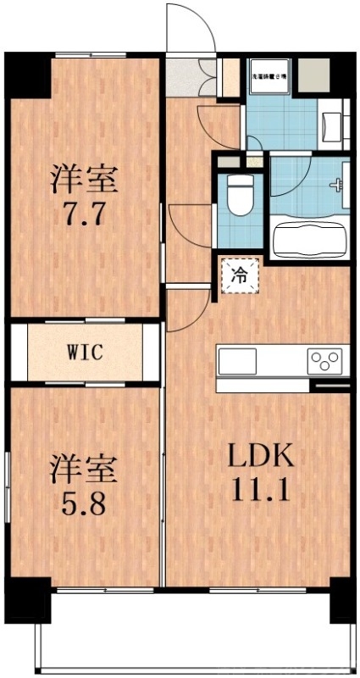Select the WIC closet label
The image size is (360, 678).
86,353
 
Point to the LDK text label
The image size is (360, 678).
260,458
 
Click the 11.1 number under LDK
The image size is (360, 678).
260,489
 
